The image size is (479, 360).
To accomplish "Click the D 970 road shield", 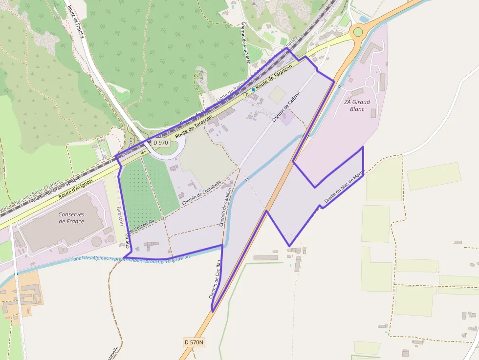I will coord(160,143).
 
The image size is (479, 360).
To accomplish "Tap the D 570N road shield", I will coord(194,342).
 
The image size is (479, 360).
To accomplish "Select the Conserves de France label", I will coord(71,218).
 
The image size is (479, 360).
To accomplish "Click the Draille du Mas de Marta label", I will coord(345,186).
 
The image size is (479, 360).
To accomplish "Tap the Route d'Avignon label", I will coord(75,188).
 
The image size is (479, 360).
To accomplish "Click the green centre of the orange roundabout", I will coord(358,32).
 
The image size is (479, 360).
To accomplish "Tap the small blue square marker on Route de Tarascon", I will coord(253,90).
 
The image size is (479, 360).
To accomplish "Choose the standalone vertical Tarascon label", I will coord(119,215).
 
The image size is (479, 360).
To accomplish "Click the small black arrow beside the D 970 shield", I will coord(144,151).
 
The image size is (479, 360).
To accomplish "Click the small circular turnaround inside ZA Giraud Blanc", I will coord(370,81).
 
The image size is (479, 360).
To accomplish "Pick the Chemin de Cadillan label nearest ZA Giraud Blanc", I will coord(286,105).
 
